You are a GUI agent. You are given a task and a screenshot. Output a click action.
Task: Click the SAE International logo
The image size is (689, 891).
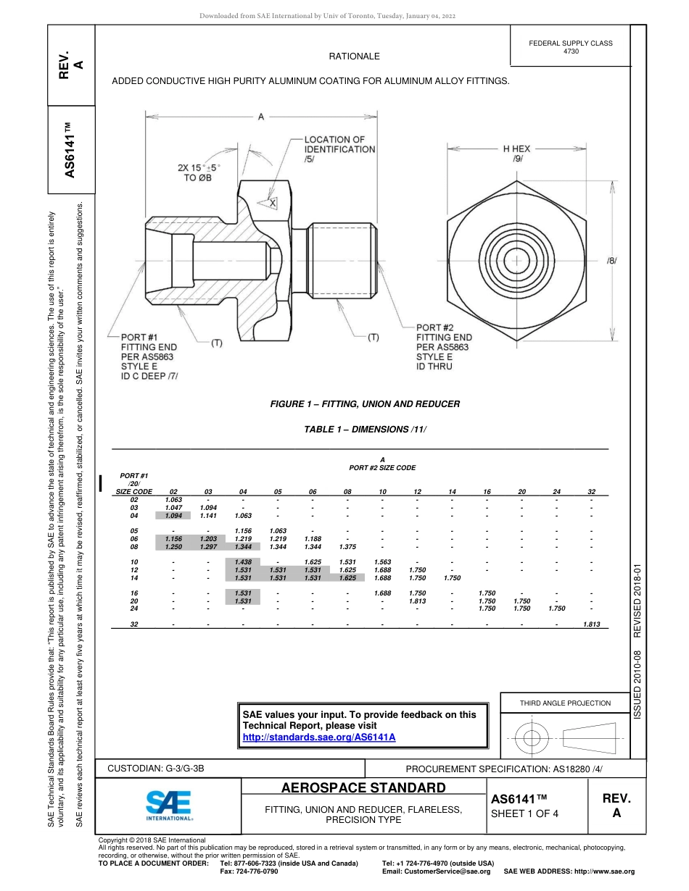click(168, 804)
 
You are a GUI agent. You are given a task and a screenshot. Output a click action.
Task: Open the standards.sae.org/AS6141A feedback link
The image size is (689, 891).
click(318, 737)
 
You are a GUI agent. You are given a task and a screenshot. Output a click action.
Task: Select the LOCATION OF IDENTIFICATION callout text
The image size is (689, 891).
click(339, 149)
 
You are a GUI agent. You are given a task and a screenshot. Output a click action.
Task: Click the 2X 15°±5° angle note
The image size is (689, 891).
click(198, 172)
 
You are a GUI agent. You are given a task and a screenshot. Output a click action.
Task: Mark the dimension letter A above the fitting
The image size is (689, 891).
click(260, 117)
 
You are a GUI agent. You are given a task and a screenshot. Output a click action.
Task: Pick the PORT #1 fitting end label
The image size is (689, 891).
click(149, 356)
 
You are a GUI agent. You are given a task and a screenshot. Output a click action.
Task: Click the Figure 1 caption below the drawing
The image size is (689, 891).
click(365, 404)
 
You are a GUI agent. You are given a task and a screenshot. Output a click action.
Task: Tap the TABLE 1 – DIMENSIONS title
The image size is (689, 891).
click(365, 430)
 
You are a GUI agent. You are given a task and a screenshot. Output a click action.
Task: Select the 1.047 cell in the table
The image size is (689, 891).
click(173, 507)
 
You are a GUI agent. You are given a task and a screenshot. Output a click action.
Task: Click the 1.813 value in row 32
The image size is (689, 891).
click(591, 624)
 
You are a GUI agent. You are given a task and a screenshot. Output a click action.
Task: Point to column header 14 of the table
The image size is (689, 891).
click(452, 492)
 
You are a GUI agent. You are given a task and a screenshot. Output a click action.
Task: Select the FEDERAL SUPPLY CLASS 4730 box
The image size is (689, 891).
click(570, 47)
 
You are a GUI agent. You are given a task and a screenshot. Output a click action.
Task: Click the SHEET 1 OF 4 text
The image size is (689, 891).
click(525, 813)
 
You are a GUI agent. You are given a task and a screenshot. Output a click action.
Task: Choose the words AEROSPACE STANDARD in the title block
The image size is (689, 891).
click(363, 787)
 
